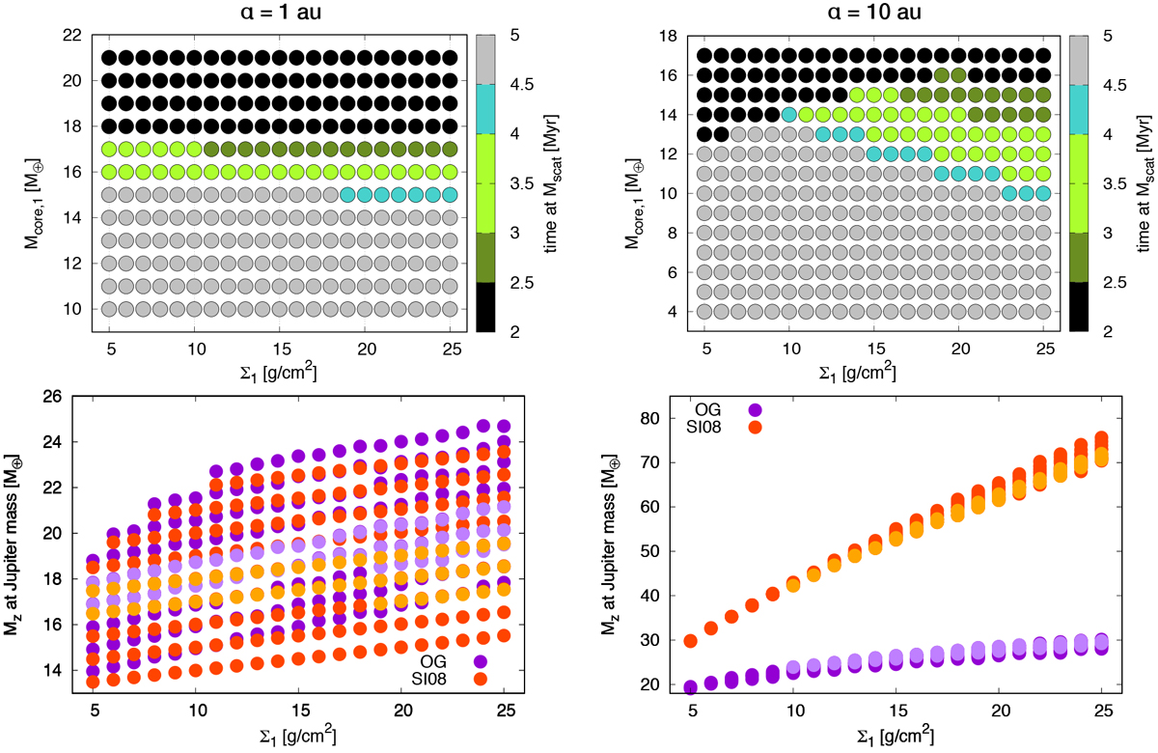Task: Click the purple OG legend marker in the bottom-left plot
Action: point(480,661)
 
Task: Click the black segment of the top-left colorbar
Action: point(486,307)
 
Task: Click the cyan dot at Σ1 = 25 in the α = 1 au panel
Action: point(450,194)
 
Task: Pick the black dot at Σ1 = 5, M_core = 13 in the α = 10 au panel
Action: point(704,134)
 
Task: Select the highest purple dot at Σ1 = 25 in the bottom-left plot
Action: point(502,426)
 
